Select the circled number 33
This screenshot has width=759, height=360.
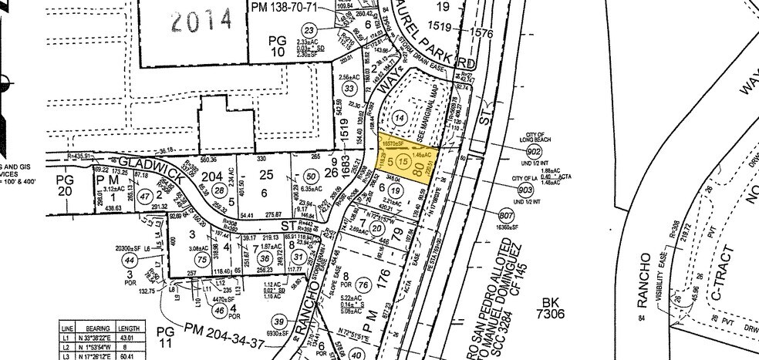click(x=351, y=89)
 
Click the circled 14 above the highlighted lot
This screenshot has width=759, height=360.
click(x=399, y=117)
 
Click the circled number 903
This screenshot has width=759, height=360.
click(x=527, y=190)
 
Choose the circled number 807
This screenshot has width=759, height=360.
click(x=508, y=215)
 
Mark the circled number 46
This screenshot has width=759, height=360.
click(x=221, y=311)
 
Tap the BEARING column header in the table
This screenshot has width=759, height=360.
click(x=100, y=328)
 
